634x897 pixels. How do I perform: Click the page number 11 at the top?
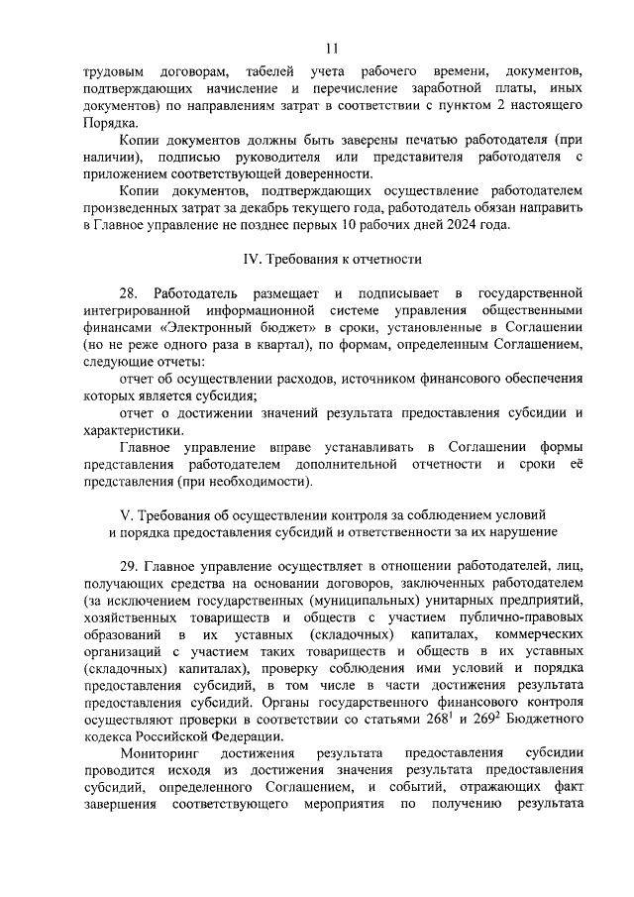331,47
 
